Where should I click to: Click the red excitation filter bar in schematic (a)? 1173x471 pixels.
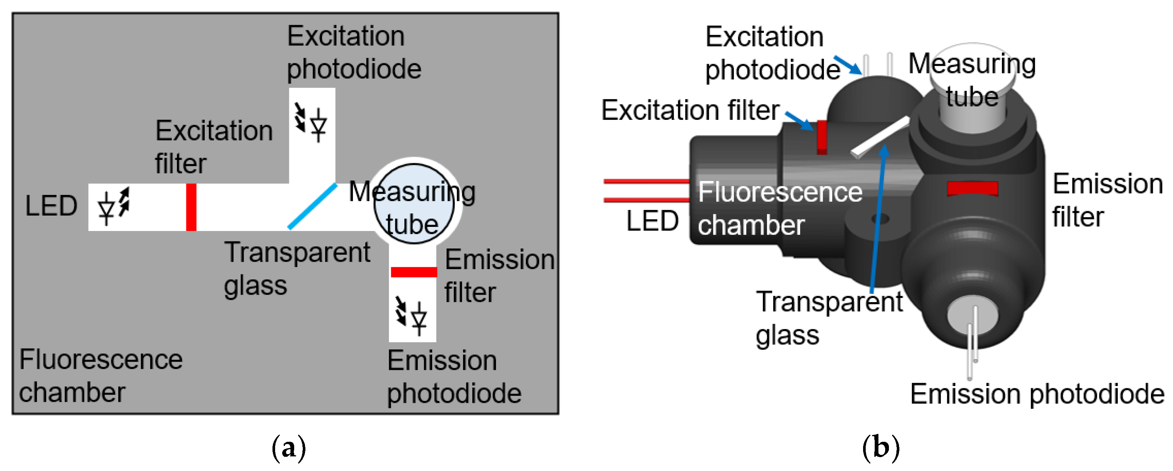(x=191, y=207)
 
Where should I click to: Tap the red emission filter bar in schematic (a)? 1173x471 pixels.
(x=414, y=272)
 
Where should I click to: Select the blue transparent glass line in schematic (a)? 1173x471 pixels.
(x=313, y=206)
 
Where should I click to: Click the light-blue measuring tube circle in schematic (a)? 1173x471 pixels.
(x=414, y=204)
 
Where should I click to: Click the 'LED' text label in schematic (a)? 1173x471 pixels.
(x=51, y=206)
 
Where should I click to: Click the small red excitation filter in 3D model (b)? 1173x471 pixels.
(x=822, y=137)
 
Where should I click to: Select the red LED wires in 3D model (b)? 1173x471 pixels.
(x=647, y=191)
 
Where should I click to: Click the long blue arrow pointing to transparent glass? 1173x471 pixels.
(x=877, y=219)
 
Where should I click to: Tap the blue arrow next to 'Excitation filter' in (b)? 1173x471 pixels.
(x=799, y=120)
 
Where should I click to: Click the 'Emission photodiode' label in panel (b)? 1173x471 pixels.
(x=1037, y=394)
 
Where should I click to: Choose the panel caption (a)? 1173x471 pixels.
(x=288, y=448)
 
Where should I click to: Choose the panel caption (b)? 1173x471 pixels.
(x=881, y=448)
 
